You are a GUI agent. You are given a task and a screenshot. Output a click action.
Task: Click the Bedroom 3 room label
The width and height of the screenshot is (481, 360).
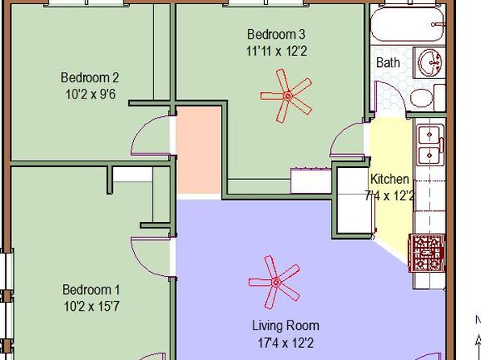coord(276,34)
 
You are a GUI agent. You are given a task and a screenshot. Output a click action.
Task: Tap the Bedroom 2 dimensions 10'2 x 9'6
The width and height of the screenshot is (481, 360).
coord(90,94)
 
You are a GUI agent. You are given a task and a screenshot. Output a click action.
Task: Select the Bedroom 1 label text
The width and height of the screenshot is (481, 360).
coord(91,290)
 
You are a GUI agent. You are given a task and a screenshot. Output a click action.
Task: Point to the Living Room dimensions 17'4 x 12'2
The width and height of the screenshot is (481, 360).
coord(286,342)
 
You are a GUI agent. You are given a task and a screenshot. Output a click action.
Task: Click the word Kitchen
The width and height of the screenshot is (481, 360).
coord(390,179)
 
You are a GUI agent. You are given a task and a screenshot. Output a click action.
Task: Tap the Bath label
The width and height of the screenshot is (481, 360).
coord(388,62)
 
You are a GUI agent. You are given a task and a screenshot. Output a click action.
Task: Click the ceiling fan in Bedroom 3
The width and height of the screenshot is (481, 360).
coord(287,96)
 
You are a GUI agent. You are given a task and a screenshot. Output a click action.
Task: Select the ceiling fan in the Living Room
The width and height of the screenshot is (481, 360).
coord(274,282)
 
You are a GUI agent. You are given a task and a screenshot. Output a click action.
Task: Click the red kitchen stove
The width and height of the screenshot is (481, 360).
coord(427,253)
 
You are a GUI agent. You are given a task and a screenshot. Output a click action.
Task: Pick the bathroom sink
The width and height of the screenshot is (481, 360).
coord(430,63)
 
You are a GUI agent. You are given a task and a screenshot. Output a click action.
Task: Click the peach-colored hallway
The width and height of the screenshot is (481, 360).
coord(199,150)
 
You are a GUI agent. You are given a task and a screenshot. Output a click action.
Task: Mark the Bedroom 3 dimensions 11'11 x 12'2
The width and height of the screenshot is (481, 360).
coord(276,51)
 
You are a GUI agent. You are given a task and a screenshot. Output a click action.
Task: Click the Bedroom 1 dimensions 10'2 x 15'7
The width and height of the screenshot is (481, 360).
coord(91,306)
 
